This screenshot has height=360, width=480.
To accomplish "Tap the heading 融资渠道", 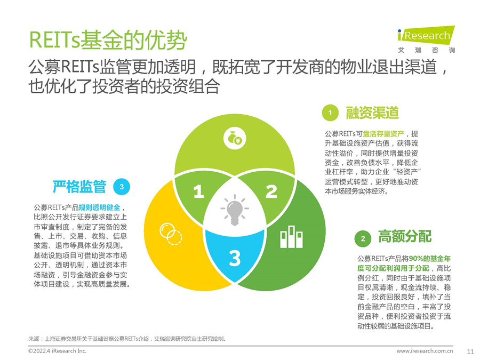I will click(x=372, y=113).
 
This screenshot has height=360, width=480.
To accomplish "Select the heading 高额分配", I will click(x=405, y=236).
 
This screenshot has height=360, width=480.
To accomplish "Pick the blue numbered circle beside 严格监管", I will click(x=122, y=187).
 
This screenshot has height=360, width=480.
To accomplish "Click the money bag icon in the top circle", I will click(x=234, y=138).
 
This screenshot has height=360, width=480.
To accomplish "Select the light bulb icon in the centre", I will click(x=234, y=210).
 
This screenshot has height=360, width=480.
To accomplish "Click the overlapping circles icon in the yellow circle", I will click(x=171, y=233).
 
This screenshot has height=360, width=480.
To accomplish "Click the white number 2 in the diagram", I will click(x=271, y=191).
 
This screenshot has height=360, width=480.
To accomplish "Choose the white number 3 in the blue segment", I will click(x=235, y=258).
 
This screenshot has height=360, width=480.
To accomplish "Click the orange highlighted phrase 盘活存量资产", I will click(x=383, y=134).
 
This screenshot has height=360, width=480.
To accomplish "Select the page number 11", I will click(x=470, y=351).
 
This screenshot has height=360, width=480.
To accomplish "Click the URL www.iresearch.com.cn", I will click(x=425, y=351).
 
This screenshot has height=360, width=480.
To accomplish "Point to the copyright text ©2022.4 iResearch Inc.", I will click(x=57, y=351).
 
